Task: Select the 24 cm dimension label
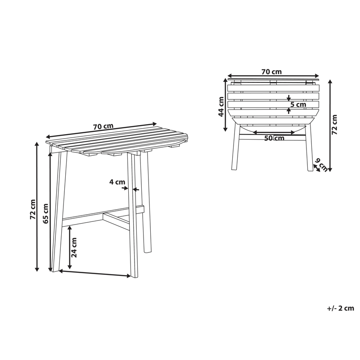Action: [74, 247]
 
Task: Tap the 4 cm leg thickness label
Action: [117, 182]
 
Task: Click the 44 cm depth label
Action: [221, 107]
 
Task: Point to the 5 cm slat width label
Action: [298, 105]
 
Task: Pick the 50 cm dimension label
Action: [274, 138]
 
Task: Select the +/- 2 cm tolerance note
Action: [341, 308]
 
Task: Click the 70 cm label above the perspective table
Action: [103, 126]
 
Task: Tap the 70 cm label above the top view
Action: [271, 72]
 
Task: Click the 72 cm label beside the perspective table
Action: [32, 209]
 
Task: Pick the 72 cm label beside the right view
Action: [334, 125]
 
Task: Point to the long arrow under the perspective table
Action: [95, 273]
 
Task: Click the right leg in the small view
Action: [309, 148]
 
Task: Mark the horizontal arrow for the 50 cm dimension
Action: [274, 133]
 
